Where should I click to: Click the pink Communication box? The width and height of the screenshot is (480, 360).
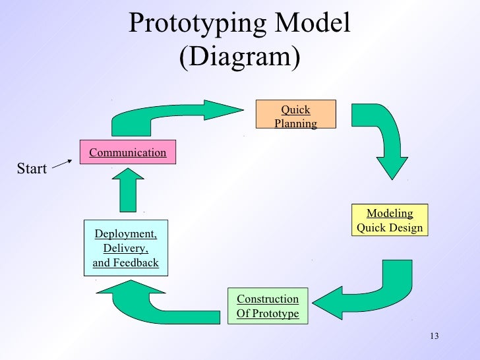click(x=128, y=152)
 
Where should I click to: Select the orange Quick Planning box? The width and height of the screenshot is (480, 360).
click(x=295, y=116)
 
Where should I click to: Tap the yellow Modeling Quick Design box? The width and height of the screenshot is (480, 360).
click(x=389, y=221)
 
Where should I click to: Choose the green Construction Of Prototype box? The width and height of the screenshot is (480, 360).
click(x=268, y=306)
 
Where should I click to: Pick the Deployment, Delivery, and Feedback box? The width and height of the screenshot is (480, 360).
click(x=126, y=248)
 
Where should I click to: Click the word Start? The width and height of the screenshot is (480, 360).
click(x=32, y=169)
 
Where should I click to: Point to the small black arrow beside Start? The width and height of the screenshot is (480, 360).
click(x=61, y=163)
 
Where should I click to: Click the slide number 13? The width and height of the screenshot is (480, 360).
click(x=433, y=338)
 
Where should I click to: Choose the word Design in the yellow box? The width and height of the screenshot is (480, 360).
click(x=406, y=228)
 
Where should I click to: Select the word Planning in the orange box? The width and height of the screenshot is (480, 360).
click(x=295, y=123)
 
